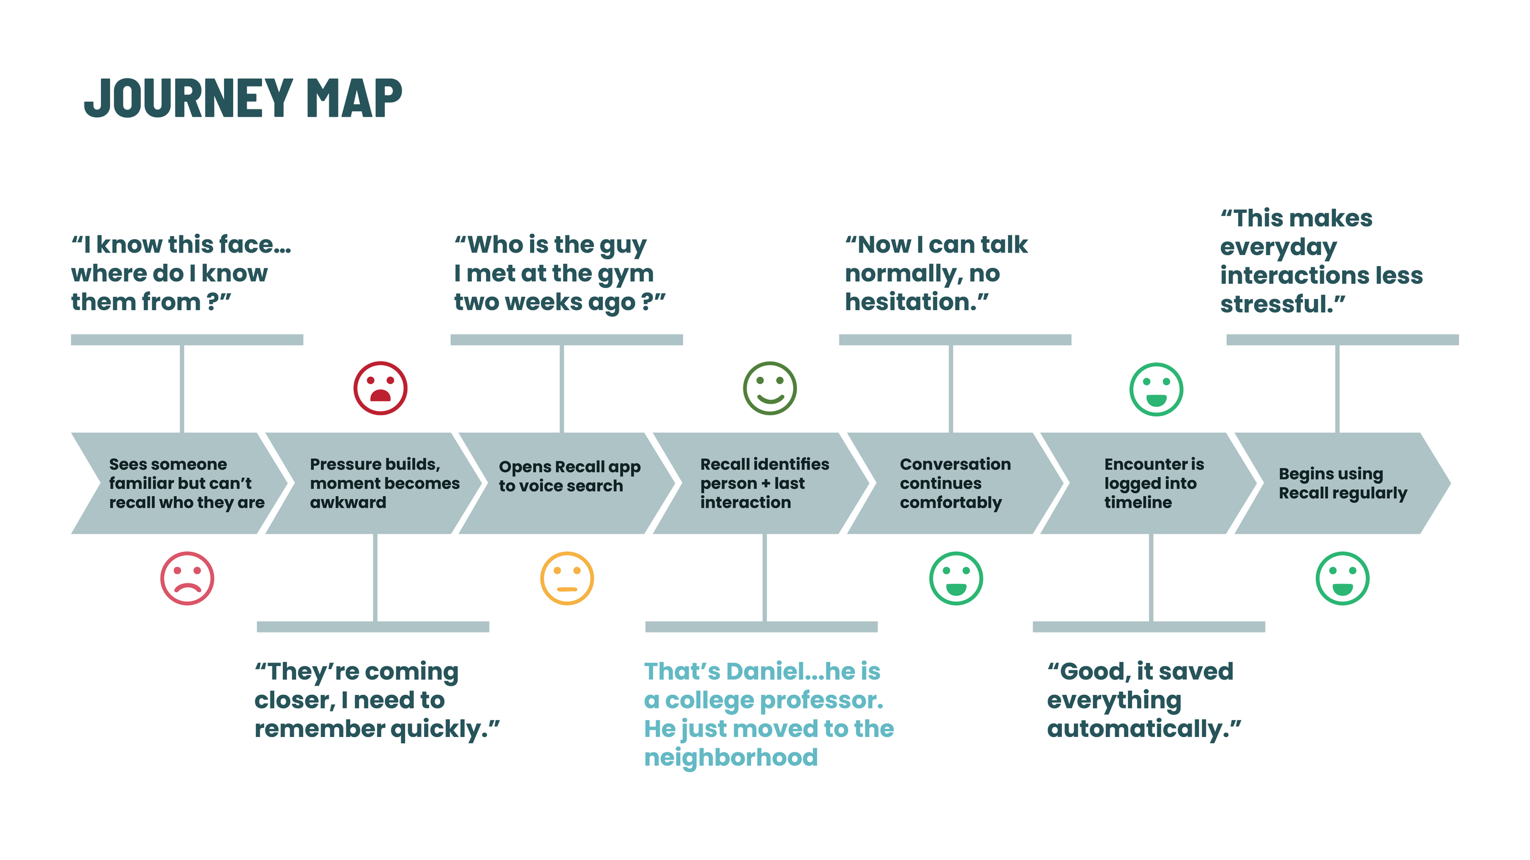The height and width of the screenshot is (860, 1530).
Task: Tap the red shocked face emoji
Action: click(x=380, y=388)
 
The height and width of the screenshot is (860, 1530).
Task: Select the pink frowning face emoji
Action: click(x=187, y=579)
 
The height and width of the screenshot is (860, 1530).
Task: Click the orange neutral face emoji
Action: click(x=567, y=579)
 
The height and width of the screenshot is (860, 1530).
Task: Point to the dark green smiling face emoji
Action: click(x=769, y=388)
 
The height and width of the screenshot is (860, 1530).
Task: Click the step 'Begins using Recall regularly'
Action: click(x=1342, y=483)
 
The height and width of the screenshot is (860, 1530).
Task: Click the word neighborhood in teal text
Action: click(x=731, y=757)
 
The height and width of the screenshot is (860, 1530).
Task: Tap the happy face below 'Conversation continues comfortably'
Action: click(x=955, y=579)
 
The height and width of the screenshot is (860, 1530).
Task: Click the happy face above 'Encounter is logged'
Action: click(x=1156, y=390)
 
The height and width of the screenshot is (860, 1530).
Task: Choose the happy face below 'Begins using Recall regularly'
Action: click(x=1342, y=579)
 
